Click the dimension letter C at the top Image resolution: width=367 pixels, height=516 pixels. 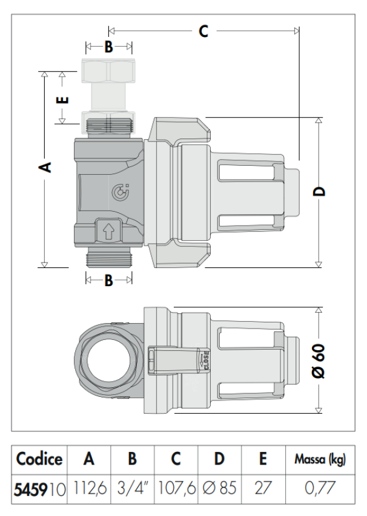coord(203,30)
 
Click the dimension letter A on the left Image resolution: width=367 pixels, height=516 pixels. coord(45,166)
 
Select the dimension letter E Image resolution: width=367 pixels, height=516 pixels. coord(62,99)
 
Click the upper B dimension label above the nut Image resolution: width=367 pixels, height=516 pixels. coord(108,47)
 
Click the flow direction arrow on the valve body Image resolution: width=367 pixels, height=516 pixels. coord(109,230)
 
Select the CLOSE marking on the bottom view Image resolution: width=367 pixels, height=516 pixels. coord(205,361)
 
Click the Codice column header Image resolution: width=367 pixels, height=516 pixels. coord(39,460)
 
